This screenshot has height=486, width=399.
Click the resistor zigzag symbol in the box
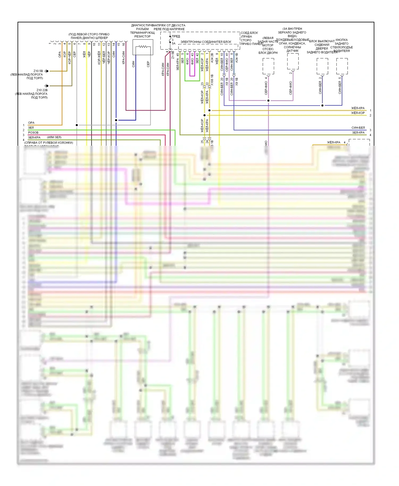tap(143, 47)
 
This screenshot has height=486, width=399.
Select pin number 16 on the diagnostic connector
tap(123, 44)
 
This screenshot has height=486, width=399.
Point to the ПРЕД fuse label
tap(176, 36)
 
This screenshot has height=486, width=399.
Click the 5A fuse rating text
tap(173, 43)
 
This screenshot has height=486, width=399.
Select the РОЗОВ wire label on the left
tap(33, 132)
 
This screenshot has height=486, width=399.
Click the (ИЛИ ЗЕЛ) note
tap(54, 137)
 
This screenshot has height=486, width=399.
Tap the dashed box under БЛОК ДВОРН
tap(268, 66)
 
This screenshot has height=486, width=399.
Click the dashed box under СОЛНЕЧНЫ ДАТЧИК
tap(293, 61)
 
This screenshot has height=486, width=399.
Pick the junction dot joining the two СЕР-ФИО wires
tap(268, 100)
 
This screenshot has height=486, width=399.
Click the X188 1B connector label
tap(212, 80)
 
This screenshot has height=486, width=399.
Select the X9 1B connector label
tap(236, 81)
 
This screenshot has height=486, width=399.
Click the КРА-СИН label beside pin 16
tap(123, 57)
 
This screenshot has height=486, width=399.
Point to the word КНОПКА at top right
tap(342, 40)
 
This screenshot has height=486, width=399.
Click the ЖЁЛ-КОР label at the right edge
tap(358, 113)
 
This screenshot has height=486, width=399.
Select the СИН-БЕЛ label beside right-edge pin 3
tap(358, 128)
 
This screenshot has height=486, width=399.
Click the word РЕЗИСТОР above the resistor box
tap(142, 36)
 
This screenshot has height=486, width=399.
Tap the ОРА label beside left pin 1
tap(31, 123)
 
